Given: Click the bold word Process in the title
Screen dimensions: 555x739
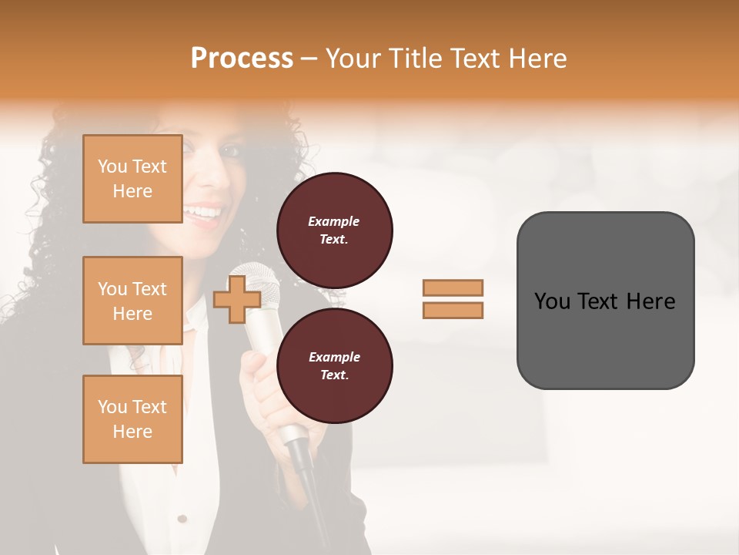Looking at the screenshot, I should (x=242, y=59).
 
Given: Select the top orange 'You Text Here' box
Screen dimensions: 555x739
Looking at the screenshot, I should (x=132, y=179).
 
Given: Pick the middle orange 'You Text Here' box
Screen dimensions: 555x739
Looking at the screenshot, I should (x=132, y=301).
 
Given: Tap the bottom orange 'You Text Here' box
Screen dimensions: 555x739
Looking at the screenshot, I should (x=132, y=419).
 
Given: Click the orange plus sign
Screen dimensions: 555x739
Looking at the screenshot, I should (x=236, y=300).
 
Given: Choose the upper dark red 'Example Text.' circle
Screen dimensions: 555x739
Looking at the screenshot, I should (x=334, y=230).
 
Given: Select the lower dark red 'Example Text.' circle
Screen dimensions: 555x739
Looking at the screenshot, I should (x=334, y=366).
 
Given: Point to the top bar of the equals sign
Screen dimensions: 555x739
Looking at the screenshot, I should (x=453, y=288).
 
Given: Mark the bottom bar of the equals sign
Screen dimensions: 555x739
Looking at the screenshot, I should (x=453, y=310).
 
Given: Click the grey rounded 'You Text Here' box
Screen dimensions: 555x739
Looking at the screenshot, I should (x=605, y=301).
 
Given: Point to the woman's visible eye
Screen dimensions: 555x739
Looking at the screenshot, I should (x=231, y=150).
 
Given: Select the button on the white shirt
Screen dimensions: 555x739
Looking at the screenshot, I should (x=182, y=519).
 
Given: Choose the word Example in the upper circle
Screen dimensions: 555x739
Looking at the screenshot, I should (x=333, y=221).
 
